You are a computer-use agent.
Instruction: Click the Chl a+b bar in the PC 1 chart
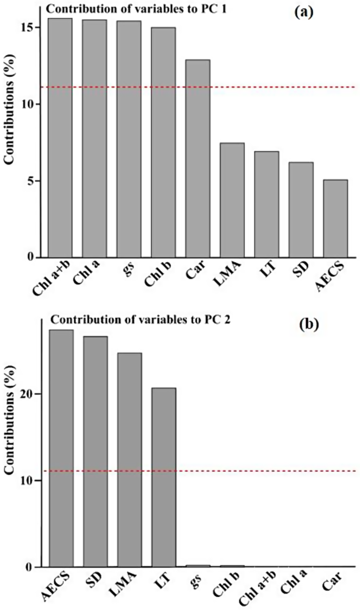60,138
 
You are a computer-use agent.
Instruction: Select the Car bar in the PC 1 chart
198,158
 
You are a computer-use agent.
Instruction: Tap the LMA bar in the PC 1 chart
232,200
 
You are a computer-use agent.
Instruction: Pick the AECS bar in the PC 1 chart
335,218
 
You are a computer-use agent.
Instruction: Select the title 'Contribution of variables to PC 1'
114,8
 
